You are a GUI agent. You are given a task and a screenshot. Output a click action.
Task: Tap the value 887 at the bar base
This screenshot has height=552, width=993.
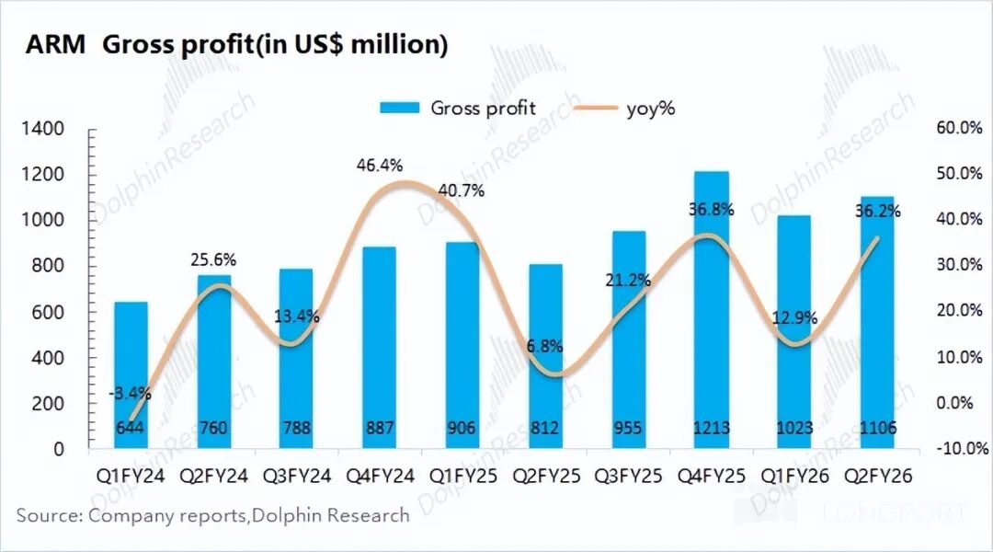click(379, 428)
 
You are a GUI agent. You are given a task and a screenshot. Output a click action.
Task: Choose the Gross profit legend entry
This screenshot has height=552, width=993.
click(460, 108)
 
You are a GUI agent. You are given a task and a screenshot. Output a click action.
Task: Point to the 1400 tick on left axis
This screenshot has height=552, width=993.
click(43, 129)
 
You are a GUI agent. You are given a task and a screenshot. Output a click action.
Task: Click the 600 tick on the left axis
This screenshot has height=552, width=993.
click(49, 312)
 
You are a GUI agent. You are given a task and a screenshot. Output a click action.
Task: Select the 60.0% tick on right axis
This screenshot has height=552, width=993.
click(959, 128)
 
